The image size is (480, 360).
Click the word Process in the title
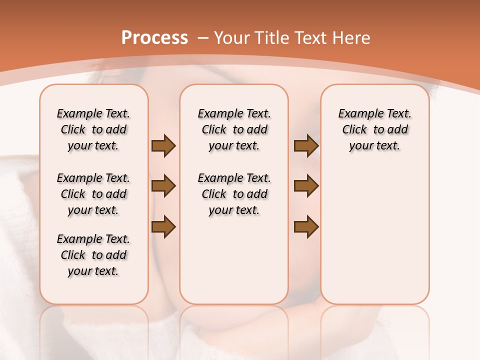(x=154, y=38)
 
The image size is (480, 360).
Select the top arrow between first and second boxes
(x=163, y=146)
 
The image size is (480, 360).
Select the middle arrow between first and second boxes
(x=163, y=186)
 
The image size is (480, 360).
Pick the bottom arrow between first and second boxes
(x=163, y=226)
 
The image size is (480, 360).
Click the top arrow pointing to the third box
(x=306, y=146)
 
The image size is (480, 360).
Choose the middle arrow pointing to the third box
(x=306, y=186)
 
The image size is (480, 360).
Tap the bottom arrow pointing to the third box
(x=306, y=226)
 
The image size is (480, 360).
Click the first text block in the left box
(x=93, y=129)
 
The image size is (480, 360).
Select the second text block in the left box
(x=93, y=194)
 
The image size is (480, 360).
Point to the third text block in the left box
(x=93, y=255)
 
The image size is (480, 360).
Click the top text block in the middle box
(x=234, y=129)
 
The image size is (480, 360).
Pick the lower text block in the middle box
(x=234, y=194)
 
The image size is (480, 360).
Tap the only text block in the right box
(x=374, y=129)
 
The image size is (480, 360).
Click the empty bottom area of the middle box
(x=234, y=265)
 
